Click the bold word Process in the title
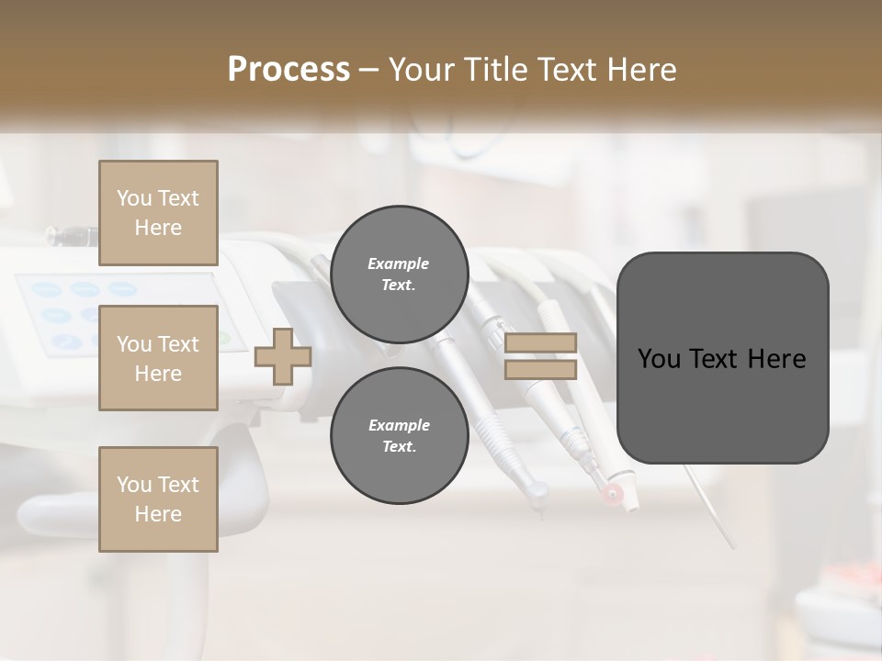(x=288, y=69)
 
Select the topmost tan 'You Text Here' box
(x=158, y=213)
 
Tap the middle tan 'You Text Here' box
(x=158, y=358)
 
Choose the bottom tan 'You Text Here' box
(x=158, y=499)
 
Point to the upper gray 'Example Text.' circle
(x=399, y=274)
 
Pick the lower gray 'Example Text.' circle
(x=399, y=435)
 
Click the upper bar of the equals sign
(x=540, y=343)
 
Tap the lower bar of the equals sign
(x=540, y=370)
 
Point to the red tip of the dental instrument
(x=612, y=496)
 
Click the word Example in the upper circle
(x=399, y=263)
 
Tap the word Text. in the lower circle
(x=399, y=446)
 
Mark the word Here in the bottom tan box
(x=158, y=514)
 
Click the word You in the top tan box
(x=134, y=198)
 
